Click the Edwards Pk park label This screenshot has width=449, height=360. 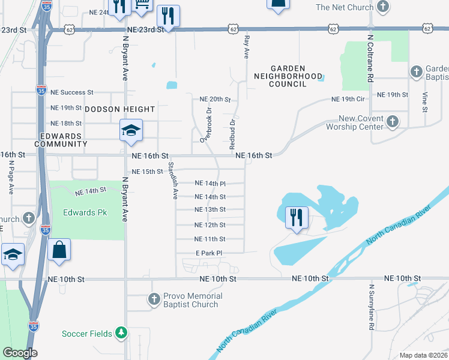coord(85,213)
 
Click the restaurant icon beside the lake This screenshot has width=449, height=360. coord(295,218)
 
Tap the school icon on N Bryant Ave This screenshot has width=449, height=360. coord(131,131)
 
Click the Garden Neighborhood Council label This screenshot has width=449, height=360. coord(280,76)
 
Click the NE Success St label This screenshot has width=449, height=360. coord(72,92)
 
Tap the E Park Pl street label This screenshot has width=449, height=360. coord(209,253)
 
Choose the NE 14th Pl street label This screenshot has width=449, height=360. coord(210,184)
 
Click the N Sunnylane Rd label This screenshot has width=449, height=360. coord(372,307)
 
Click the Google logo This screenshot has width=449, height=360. coord(20,353)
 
